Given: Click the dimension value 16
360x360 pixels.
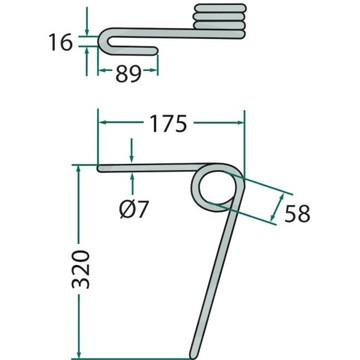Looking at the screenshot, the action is pos(60,42).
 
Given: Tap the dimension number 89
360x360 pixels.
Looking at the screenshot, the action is pos(128,74).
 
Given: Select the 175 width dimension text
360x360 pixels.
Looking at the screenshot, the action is pos(168,124).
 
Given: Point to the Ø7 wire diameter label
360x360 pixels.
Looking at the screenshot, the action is pos(133,209).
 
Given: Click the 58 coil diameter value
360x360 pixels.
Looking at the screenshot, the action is pos(297,213).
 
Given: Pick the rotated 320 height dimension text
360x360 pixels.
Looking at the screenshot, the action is pos(81,269).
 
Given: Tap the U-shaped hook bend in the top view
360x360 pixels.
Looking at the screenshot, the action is pos(104,41).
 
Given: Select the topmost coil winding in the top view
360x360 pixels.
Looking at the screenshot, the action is pos(220,8).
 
